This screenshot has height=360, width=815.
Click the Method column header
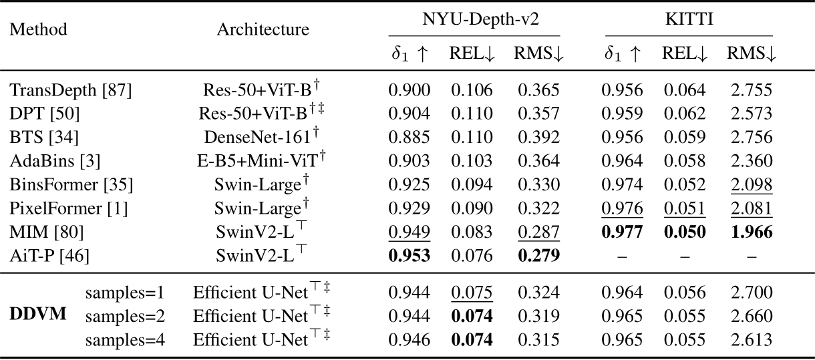pos(39,30)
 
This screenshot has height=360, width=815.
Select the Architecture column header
pos(263,30)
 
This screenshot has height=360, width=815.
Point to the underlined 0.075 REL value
pos(471,293)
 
